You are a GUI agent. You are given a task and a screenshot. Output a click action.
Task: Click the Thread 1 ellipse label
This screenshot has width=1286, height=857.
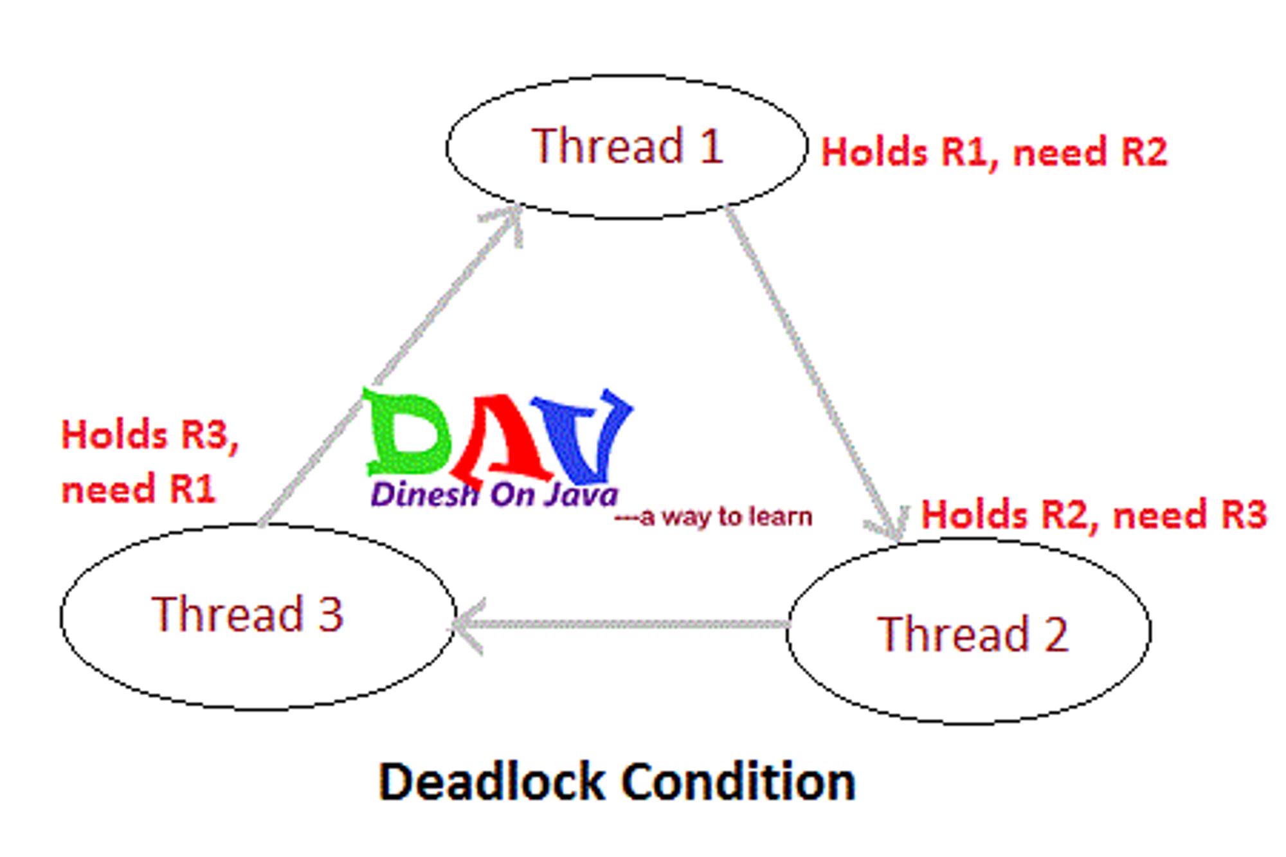[x=628, y=145]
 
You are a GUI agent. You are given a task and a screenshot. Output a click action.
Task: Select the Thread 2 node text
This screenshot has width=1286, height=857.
[x=973, y=634]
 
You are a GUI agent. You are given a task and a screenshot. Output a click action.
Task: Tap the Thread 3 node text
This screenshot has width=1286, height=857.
[x=248, y=613]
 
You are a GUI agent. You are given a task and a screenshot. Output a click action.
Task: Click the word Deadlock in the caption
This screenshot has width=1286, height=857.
[x=491, y=782]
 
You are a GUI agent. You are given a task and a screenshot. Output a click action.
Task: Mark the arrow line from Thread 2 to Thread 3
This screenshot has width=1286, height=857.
[x=621, y=624]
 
